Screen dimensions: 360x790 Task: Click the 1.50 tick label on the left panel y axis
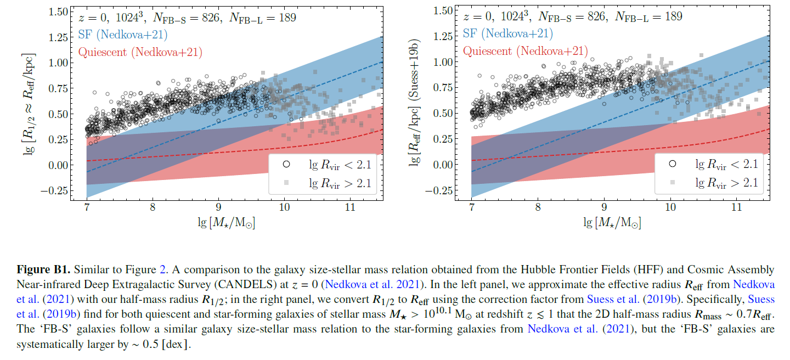click(58, 12)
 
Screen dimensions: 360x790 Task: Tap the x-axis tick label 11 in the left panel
click(351, 207)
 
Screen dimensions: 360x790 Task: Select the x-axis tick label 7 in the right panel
click(472, 207)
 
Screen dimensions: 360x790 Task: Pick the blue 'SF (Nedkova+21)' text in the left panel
click(123, 35)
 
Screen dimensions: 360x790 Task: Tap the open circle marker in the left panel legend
click(286, 164)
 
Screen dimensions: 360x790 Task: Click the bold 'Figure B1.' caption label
click(43, 270)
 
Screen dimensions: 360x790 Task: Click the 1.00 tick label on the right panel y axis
click(443, 62)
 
